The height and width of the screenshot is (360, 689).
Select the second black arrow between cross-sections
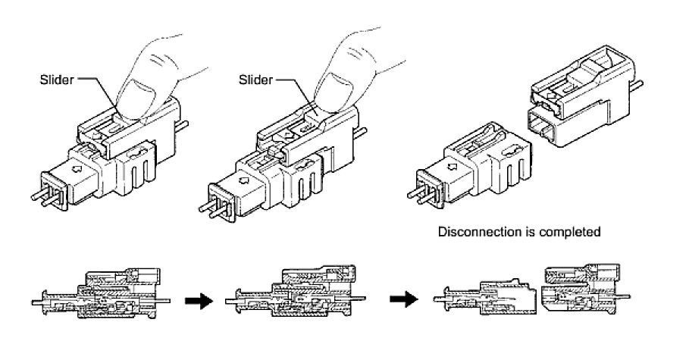[x=402, y=300]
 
